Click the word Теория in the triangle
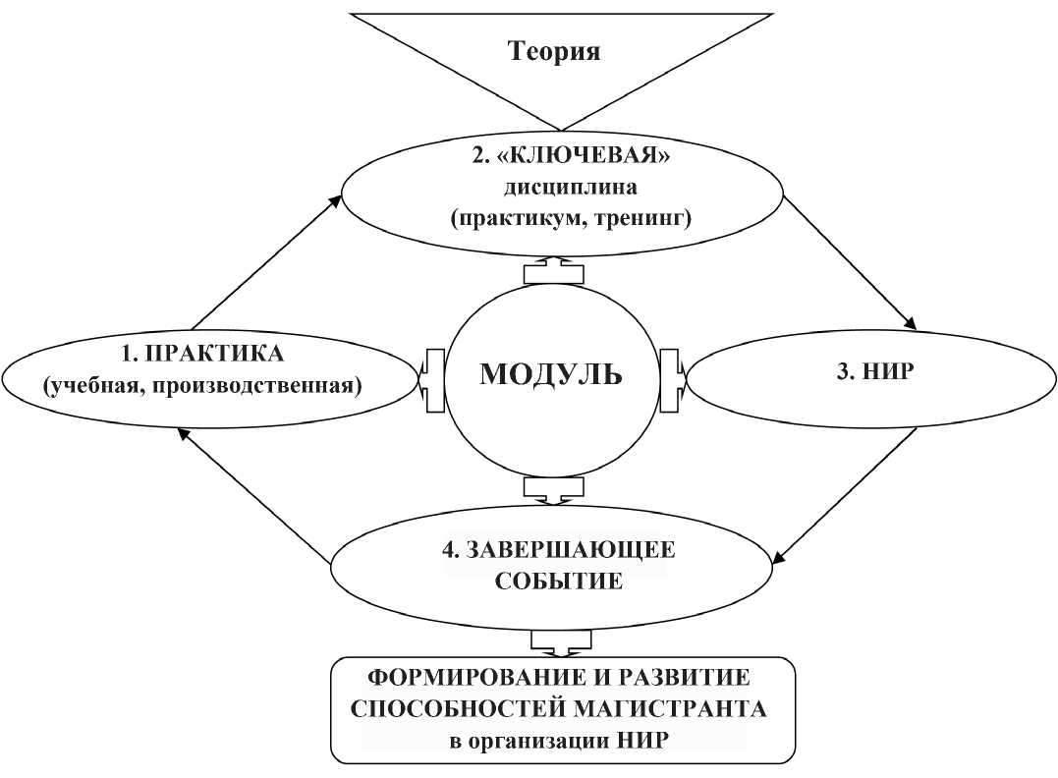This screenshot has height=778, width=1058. tap(553, 51)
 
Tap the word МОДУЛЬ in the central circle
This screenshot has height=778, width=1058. tap(550, 374)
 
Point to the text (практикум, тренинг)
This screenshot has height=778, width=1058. tap(571, 219)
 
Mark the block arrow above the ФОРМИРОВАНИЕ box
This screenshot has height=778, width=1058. tap(558, 642)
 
